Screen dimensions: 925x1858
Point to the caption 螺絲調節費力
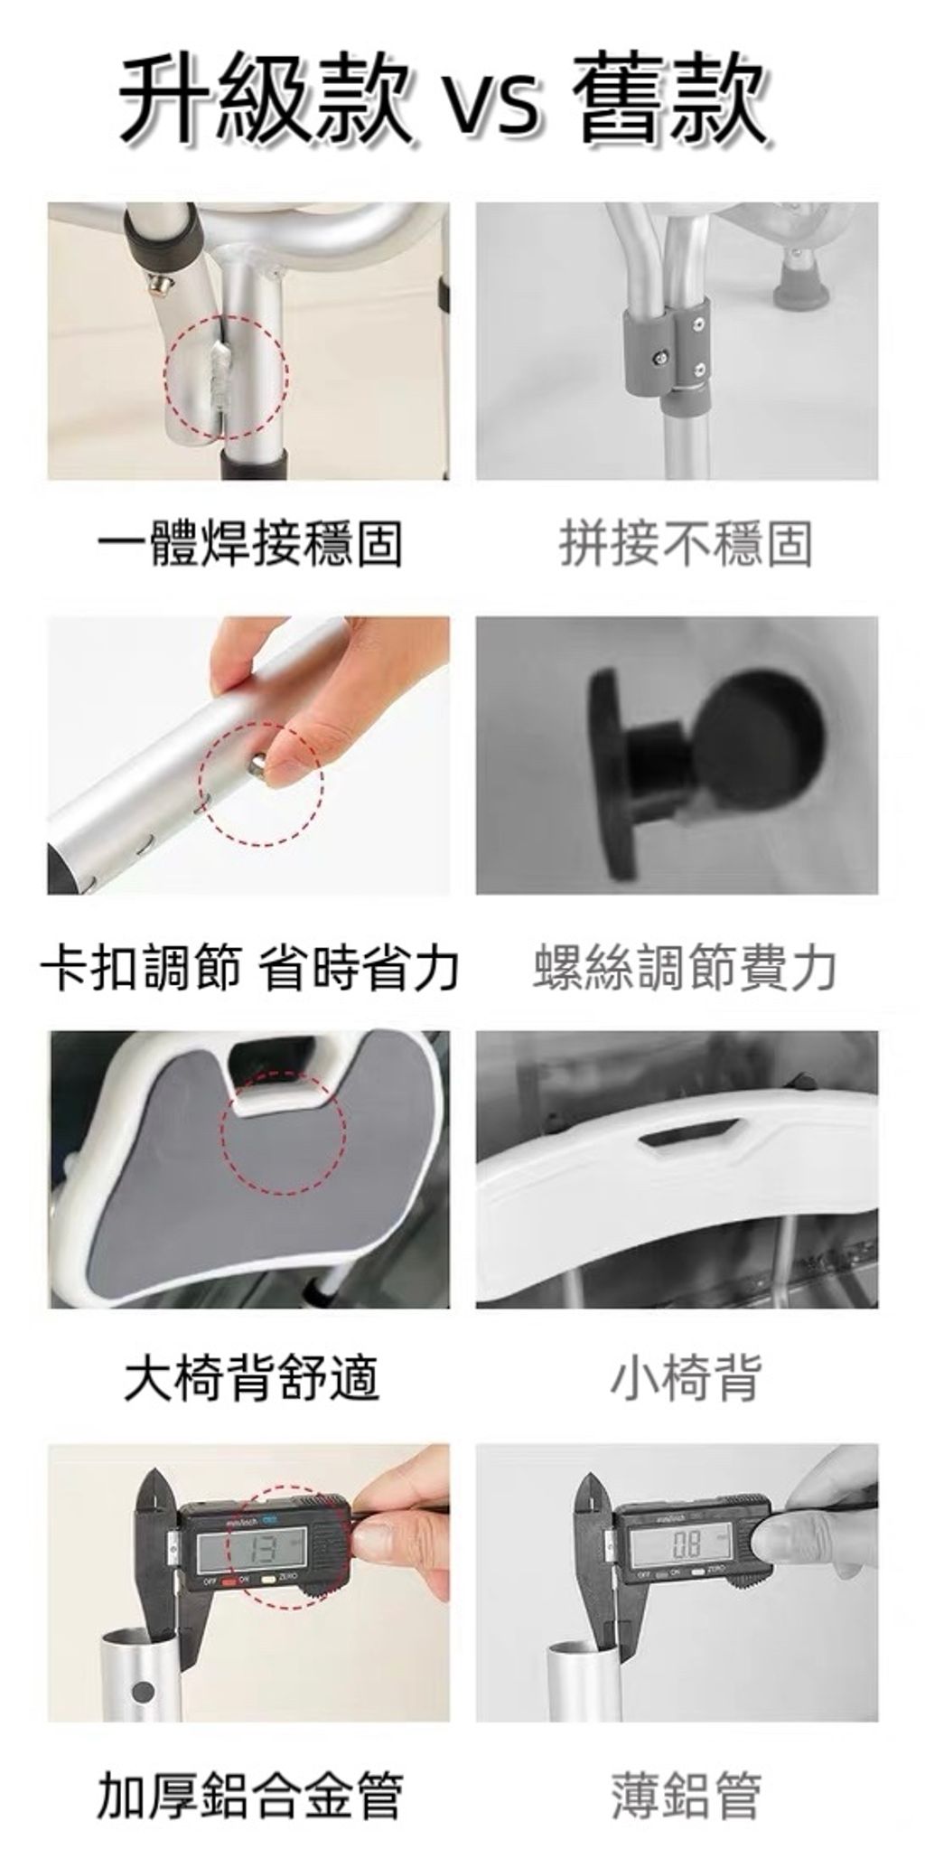click(x=685, y=968)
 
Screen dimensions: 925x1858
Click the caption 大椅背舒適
click(x=251, y=1379)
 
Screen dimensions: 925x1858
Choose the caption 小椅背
click(x=687, y=1379)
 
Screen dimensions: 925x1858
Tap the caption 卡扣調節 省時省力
click(x=249, y=968)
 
